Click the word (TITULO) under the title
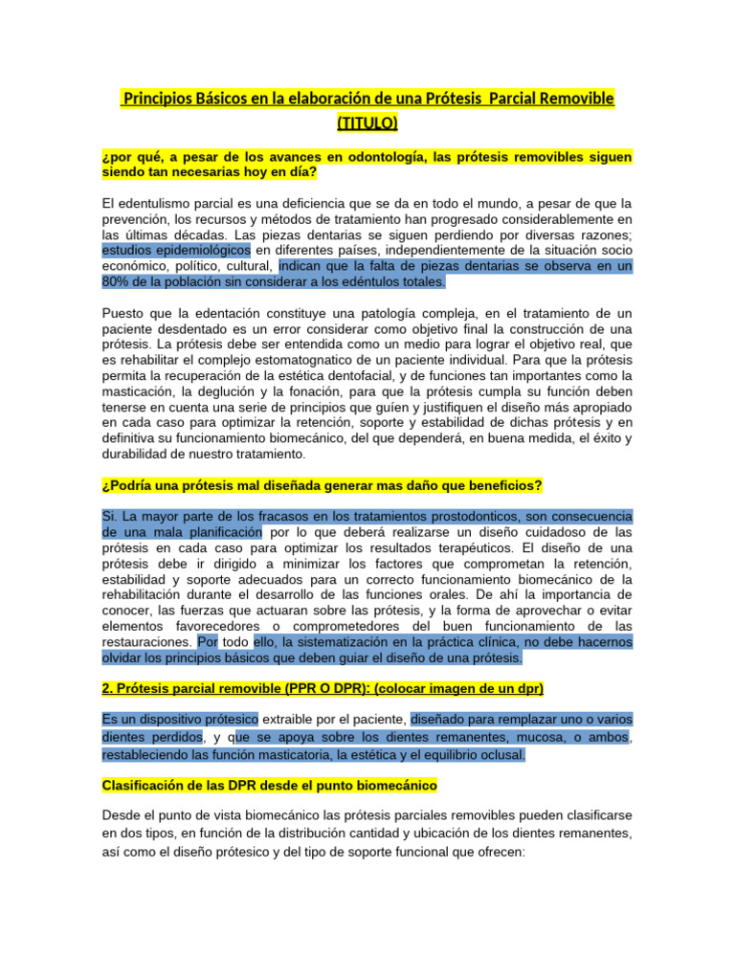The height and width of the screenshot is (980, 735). tap(367, 123)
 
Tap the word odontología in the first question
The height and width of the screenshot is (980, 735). tap(372, 157)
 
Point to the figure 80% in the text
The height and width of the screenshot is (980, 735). tap(118, 282)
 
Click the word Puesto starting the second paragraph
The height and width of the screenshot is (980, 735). tap(123, 313)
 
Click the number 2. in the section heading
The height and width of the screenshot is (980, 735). tap(107, 689)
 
